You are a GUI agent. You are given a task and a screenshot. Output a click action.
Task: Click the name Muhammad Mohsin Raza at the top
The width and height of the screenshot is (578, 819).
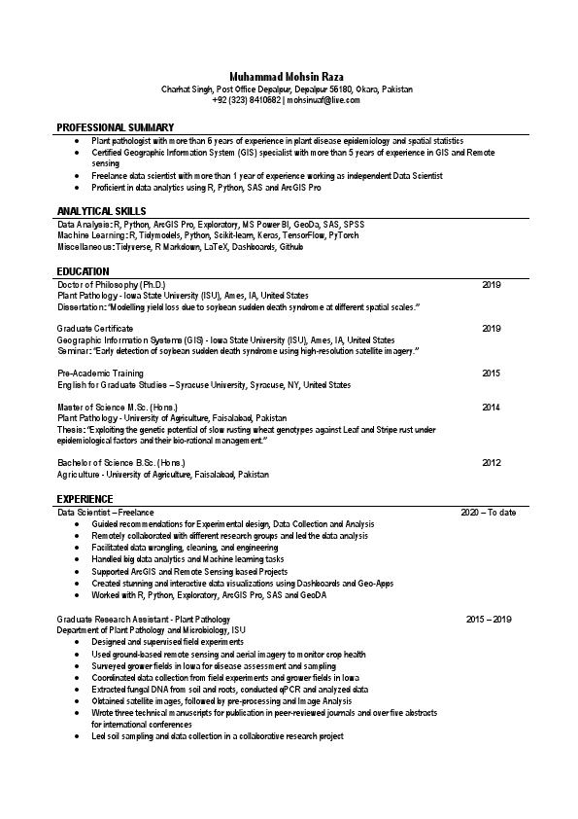(288, 76)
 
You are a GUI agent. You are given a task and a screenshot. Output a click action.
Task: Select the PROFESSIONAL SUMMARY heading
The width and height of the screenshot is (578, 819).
(116, 127)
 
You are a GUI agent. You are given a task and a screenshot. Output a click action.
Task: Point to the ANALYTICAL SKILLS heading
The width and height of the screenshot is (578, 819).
(102, 210)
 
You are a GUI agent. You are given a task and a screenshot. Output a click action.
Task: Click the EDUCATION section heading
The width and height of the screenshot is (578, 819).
(84, 270)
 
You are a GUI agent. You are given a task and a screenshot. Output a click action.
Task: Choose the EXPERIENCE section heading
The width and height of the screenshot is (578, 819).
(85, 499)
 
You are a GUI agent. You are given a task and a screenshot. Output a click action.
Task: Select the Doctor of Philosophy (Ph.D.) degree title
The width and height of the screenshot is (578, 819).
(112, 284)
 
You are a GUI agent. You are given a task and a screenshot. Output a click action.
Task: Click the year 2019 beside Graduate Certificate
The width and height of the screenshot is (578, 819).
(491, 329)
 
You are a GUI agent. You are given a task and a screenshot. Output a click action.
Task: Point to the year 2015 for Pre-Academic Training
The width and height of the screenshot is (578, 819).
(491, 374)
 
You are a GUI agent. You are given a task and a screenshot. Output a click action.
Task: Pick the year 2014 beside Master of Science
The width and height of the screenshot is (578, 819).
(491, 407)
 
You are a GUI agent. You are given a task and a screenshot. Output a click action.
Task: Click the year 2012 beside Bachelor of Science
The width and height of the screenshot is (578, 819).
(491, 463)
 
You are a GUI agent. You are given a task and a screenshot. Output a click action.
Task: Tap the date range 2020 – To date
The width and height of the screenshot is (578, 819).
(488, 512)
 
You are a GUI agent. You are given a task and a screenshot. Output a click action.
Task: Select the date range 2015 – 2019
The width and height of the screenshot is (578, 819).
(488, 619)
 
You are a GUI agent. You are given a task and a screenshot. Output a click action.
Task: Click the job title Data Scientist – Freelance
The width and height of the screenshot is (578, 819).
(105, 512)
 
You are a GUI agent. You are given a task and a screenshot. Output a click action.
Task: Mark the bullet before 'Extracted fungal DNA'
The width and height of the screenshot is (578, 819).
(78, 689)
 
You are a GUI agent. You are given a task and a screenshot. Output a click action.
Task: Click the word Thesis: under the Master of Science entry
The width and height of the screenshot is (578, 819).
(71, 429)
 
